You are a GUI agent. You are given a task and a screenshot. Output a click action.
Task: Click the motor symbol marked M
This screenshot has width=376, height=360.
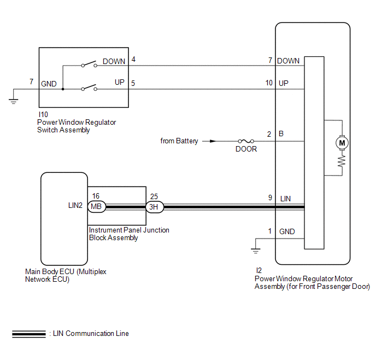[342, 143]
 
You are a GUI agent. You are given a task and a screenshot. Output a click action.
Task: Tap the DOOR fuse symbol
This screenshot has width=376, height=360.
[246, 141]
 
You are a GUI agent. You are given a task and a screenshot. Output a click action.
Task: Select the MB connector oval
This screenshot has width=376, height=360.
[97, 206]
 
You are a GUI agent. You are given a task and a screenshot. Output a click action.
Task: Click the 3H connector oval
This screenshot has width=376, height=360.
[155, 207]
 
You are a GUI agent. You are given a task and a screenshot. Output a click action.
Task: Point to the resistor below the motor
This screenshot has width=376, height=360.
[342, 161]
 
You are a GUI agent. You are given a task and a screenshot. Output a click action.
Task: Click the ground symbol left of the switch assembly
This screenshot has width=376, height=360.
[14, 101]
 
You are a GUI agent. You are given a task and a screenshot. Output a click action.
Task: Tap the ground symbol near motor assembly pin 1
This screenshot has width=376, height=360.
[256, 251]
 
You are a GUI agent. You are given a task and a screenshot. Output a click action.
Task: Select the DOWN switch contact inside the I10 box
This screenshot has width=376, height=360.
[89, 64]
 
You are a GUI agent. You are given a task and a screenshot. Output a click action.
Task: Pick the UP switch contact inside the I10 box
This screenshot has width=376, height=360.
[89, 88]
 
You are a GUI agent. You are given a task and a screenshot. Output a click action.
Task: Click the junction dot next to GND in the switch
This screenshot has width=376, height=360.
[63, 89]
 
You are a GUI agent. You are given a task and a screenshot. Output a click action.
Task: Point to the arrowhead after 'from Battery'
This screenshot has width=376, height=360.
[213, 141]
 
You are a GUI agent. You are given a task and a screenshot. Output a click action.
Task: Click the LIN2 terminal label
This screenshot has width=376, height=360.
[75, 205]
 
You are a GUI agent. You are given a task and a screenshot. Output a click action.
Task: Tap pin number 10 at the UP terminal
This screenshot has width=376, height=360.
[269, 83]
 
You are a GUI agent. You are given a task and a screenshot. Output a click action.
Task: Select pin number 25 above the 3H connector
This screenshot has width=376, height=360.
[154, 196]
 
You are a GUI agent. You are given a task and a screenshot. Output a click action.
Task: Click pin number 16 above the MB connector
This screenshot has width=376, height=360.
[96, 196]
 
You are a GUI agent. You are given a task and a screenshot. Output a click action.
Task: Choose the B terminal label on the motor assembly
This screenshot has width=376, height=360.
[281, 133]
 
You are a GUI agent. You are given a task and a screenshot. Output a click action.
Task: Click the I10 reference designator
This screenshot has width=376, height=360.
[43, 114]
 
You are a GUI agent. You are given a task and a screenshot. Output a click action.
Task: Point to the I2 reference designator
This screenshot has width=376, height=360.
[258, 270]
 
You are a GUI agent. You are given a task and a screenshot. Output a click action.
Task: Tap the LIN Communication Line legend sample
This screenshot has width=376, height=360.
[29, 334]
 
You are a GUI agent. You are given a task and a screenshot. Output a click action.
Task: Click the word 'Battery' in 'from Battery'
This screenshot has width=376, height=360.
[187, 141]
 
